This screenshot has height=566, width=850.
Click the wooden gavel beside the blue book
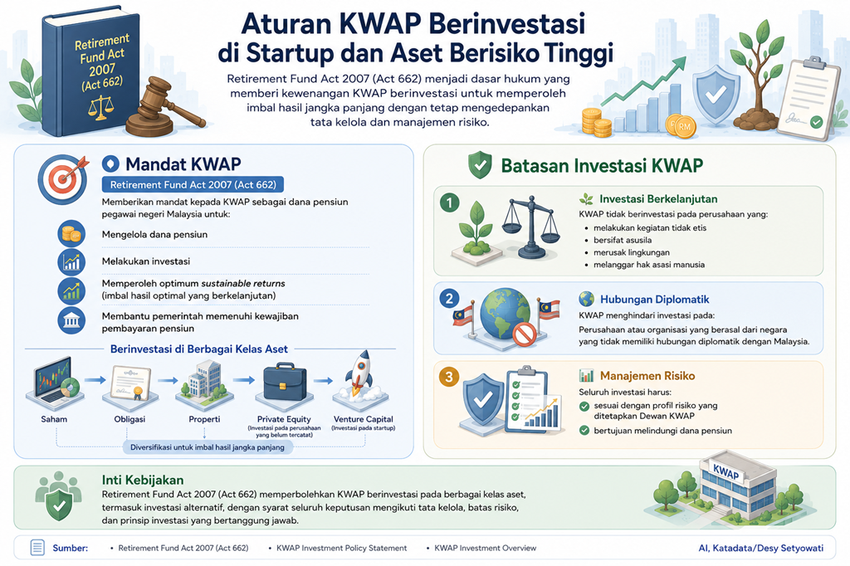[163, 109]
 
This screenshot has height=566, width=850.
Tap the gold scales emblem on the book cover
[100, 107]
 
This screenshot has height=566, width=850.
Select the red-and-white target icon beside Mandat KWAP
[63, 179]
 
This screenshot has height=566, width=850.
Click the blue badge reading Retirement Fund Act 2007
[193, 185]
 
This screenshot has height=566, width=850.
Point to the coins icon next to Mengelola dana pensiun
[71, 234]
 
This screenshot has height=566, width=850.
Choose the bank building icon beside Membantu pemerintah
[71, 321]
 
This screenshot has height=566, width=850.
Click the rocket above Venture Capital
[360, 377]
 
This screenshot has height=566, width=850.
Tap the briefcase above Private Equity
[284, 383]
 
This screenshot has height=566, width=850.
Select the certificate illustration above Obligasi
[130, 383]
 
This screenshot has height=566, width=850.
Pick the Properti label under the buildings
[204, 419]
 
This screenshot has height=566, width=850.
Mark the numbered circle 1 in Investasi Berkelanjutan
[449, 203]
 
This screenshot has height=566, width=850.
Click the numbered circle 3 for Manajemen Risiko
[449, 378]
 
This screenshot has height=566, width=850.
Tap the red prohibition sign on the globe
[525, 334]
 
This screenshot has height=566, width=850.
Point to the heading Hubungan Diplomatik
[654, 300]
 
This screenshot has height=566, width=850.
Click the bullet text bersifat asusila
[623, 240]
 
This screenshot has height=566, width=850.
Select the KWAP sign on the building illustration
[725, 473]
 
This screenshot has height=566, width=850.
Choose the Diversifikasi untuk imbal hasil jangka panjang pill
[207, 447]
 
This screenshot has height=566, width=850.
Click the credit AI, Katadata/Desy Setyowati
[760, 548]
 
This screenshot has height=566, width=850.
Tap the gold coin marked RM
[682, 127]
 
